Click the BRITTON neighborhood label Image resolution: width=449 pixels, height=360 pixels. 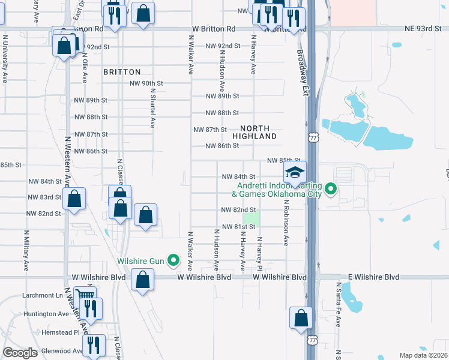tap(122, 71)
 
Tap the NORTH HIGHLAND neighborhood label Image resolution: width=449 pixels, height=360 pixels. tap(259, 133)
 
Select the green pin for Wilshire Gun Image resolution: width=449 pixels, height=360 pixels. tap(174, 260)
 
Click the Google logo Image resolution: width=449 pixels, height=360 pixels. tap(20, 353)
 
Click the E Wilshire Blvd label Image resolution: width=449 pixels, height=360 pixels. tap(375, 277)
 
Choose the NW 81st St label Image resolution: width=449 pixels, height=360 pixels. tap(234, 227)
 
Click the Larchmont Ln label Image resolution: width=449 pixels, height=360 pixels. tap(43, 295)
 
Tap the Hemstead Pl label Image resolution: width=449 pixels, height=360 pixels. tap(61, 332)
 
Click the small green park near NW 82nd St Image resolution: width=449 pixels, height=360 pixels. tap(253, 218)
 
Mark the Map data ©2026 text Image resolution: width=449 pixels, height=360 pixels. tap(423, 355)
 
